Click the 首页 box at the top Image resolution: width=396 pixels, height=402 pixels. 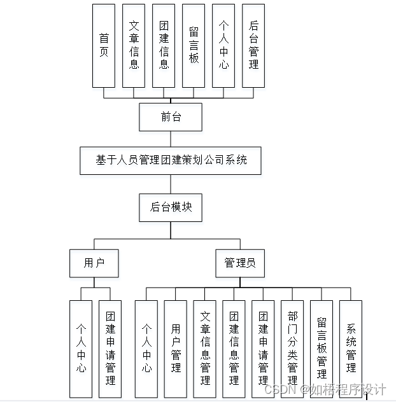(x=104, y=45)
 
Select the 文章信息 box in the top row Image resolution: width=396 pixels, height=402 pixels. (x=134, y=45)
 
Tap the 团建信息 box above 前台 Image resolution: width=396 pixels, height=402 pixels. (x=164, y=45)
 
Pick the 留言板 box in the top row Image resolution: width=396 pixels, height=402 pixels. (x=194, y=45)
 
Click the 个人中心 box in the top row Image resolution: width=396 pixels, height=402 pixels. (x=223, y=45)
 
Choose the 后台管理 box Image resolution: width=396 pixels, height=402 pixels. (x=253, y=45)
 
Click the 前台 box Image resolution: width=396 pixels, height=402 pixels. (x=171, y=117)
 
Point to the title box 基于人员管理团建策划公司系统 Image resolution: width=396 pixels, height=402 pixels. (x=171, y=160)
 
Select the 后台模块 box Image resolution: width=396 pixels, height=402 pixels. (x=171, y=207)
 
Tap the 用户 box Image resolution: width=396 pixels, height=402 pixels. (x=94, y=263)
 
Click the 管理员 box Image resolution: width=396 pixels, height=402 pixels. (x=240, y=263)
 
